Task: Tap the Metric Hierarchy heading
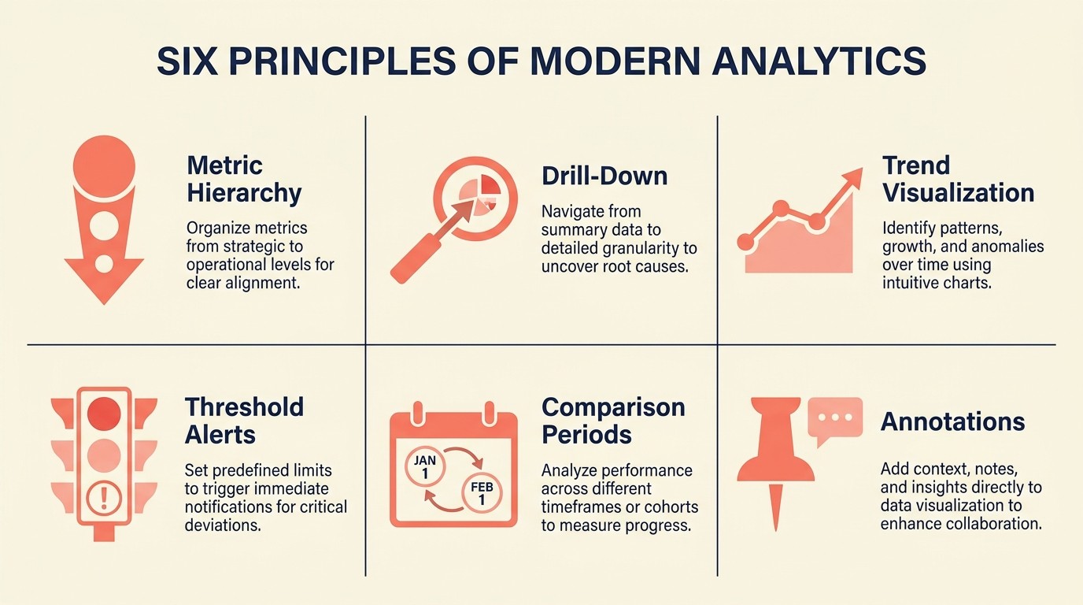(x=244, y=179)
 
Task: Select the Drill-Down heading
(x=604, y=175)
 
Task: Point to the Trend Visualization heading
(x=958, y=179)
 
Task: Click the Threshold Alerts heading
(x=244, y=420)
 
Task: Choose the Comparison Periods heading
(x=613, y=420)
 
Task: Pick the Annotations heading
(x=952, y=421)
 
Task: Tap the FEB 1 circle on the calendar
(x=482, y=494)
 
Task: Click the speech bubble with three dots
(x=835, y=418)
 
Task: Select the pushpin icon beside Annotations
(x=775, y=457)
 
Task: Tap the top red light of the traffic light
(x=103, y=412)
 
